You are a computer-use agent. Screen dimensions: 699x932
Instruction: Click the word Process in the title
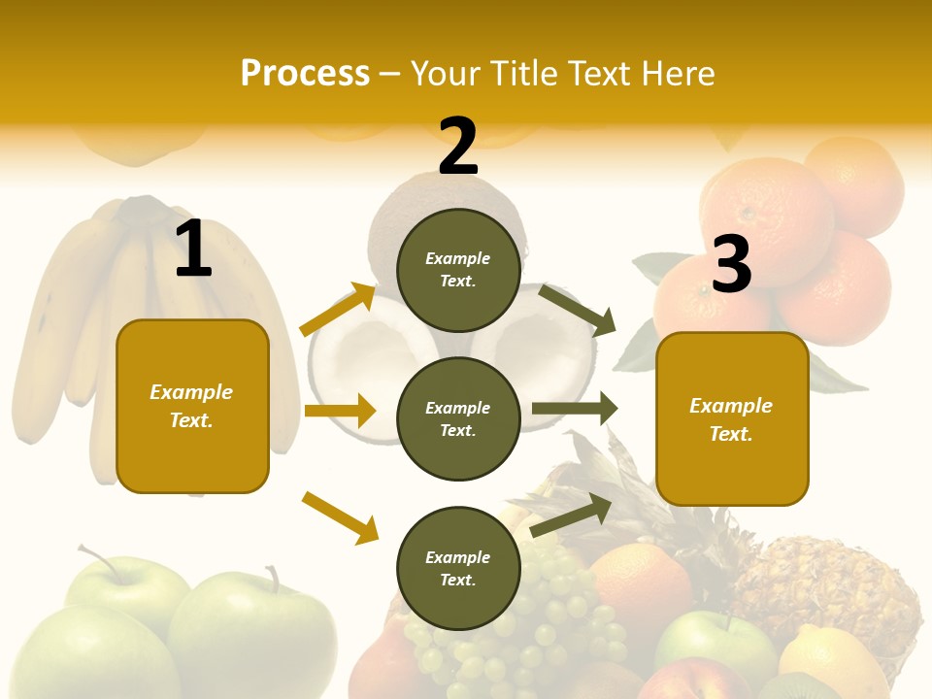click(x=305, y=74)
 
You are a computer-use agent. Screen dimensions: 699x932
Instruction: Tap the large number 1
click(x=193, y=250)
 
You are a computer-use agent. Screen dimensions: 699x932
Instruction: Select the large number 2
click(x=458, y=147)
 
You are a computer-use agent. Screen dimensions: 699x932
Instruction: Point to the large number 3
click(x=731, y=264)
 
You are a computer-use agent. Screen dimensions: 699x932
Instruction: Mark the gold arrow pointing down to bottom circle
click(x=340, y=517)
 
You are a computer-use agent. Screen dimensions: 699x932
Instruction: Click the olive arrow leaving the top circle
click(x=577, y=310)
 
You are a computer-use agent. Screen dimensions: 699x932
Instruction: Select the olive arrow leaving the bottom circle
click(x=571, y=515)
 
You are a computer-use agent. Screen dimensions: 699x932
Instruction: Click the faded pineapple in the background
click(x=825, y=582)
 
